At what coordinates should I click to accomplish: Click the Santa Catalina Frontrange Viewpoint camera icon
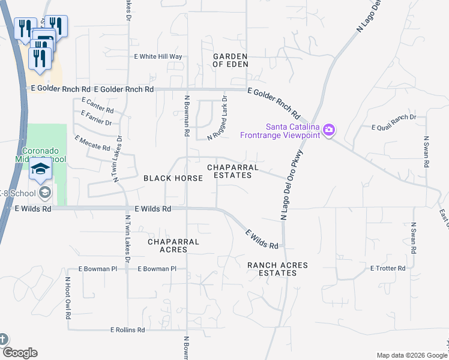click(328, 130)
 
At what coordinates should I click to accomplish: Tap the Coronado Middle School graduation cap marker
click(41, 170)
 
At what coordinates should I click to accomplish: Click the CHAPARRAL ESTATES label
click(233, 171)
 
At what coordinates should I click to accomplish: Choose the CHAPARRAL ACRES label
click(173, 245)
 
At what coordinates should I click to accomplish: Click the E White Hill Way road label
click(158, 56)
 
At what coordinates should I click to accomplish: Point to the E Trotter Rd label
click(388, 268)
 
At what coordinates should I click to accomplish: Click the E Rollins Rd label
click(127, 330)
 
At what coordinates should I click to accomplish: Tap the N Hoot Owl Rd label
click(68, 298)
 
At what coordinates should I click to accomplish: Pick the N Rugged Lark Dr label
click(217, 118)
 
